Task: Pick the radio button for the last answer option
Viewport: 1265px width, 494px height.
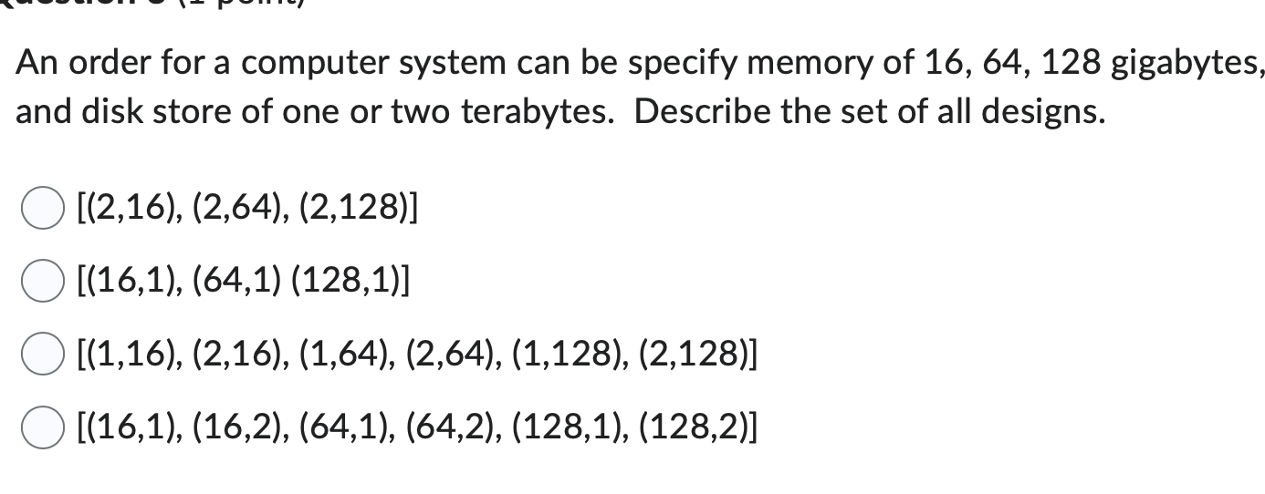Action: coord(38,428)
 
